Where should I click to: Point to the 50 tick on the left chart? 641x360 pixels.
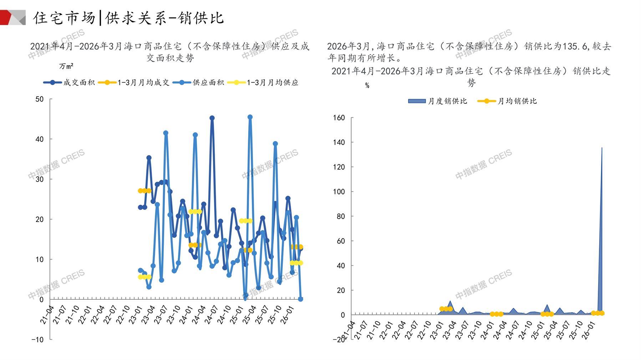pos(40,99)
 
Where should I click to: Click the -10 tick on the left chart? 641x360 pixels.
pos(37,340)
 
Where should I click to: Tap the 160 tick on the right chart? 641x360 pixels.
pos(339,118)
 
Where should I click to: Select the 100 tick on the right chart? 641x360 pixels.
pos(339,192)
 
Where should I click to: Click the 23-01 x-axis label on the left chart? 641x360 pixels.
pos(135,315)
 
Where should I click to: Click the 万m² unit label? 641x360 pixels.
pos(66,66)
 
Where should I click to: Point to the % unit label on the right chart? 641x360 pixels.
pos(367,86)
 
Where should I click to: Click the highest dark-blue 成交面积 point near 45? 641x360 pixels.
pos(212,118)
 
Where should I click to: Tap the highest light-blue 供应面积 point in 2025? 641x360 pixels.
pos(250,117)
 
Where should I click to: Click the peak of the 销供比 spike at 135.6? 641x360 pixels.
pos(602,148)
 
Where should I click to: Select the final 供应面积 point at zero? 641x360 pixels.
pos(300,299)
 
